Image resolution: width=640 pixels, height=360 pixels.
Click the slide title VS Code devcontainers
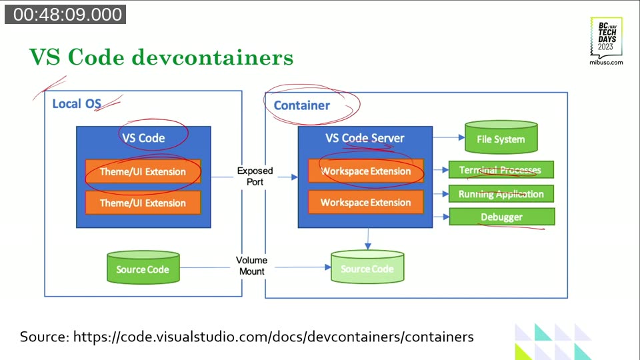[x=161, y=57]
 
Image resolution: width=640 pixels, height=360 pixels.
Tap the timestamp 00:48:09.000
[x=65, y=15]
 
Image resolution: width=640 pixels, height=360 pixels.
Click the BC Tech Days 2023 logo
[x=606, y=41]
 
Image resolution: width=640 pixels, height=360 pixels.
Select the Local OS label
[x=77, y=104]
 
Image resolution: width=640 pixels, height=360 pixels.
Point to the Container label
[x=301, y=105]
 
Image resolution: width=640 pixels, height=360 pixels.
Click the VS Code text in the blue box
[x=143, y=138]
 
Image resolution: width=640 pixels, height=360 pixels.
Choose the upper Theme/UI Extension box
[x=143, y=172]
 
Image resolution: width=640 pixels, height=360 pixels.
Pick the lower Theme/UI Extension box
[x=143, y=203]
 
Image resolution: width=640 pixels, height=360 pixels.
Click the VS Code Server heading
[x=365, y=138]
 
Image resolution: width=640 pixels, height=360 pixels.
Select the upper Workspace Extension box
[x=366, y=171]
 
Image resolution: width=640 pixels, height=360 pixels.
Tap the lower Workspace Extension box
[x=366, y=202]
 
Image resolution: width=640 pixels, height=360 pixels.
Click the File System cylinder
[x=501, y=139]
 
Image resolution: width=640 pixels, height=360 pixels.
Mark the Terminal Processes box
[x=501, y=170]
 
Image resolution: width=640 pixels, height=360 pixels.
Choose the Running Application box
[x=501, y=194]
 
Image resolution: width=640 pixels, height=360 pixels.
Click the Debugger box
[x=501, y=217]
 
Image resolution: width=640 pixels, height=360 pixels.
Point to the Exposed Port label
[x=255, y=176]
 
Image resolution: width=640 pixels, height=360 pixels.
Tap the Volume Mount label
[x=252, y=266]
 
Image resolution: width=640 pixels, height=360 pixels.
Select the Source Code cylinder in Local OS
[x=143, y=268]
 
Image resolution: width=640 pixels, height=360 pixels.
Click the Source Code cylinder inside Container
[x=367, y=268]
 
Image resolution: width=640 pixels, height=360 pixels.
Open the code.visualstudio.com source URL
[x=273, y=337]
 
